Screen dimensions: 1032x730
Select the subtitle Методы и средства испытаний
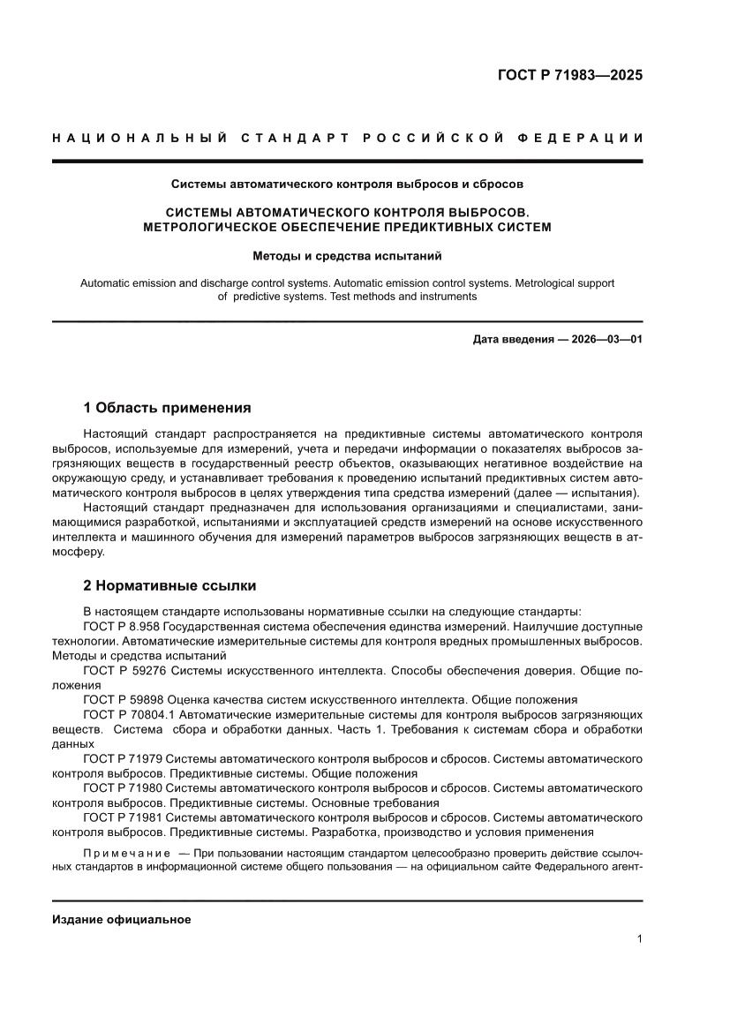pyautogui.click(x=347, y=257)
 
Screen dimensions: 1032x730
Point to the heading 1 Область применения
pyautogui.click(x=167, y=408)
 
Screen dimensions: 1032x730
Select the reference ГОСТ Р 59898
pyautogui.click(x=124, y=699)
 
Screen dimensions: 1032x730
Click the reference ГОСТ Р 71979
pyautogui.click(x=124, y=759)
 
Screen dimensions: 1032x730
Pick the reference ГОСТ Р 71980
pyautogui.click(x=124, y=788)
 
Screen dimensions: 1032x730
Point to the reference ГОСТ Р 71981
pyautogui.click(x=124, y=817)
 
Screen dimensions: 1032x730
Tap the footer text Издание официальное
pyautogui.click(x=122, y=919)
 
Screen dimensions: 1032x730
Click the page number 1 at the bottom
pyautogui.click(x=638, y=939)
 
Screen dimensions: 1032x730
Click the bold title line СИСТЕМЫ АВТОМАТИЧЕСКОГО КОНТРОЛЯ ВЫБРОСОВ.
pyautogui.click(x=347, y=213)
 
